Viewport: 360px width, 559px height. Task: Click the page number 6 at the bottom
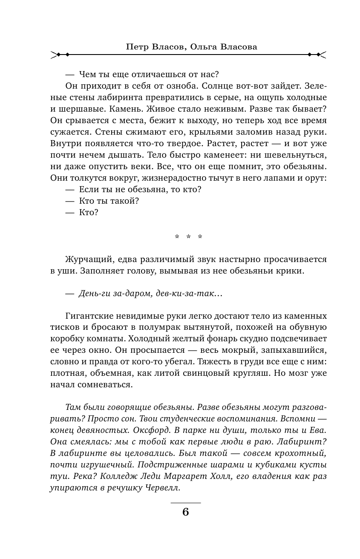[185, 512]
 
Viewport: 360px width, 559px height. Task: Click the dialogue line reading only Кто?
[88, 212]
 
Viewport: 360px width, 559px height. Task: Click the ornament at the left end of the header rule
[60, 55]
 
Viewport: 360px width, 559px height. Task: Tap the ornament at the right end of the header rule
[317, 55]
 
